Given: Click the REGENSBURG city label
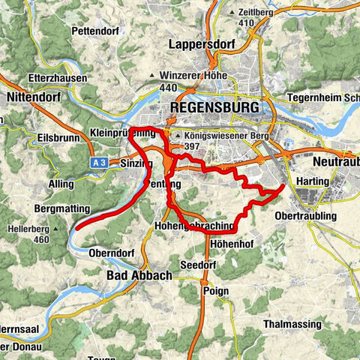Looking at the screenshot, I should pyautogui.click(x=215, y=108).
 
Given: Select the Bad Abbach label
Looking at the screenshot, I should pyautogui.click(x=136, y=276).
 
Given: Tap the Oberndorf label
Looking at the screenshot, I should pyautogui.click(x=110, y=253).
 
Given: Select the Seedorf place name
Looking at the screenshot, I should pyautogui.click(x=199, y=265).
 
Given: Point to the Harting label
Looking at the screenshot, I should pyautogui.click(x=313, y=181).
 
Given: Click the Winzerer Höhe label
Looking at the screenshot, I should pyautogui.click(x=187, y=76).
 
